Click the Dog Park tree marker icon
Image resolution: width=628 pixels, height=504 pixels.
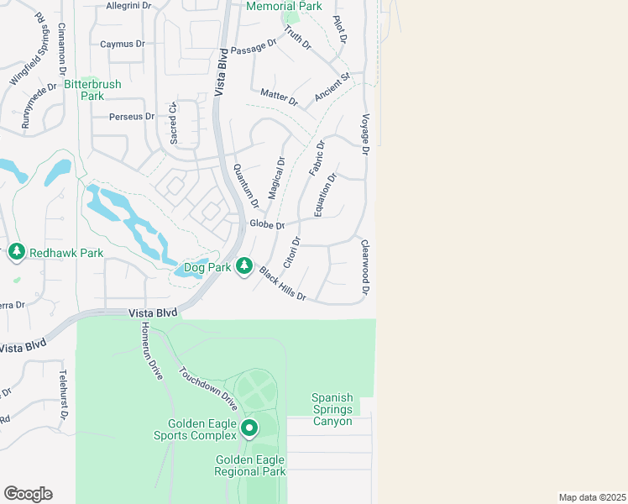click(x=244, y=266)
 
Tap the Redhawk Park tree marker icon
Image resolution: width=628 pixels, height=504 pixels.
click(x=16, y=251)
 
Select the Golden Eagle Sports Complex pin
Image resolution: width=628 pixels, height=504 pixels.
click(x=249, y=428)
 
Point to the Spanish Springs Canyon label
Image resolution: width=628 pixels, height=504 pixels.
click(x=332, y=409)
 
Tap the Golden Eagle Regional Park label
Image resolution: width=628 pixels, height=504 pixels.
click(x=250, y=465)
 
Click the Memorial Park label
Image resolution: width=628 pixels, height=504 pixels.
click(x=284, y=6)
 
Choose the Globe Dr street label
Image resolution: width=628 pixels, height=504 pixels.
click(x=268, y=224)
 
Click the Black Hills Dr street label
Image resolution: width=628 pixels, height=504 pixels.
click(x=283, y=284)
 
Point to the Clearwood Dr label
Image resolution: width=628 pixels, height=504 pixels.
click(x=365, y=267)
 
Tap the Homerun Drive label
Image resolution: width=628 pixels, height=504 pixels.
click(x=151, y=351)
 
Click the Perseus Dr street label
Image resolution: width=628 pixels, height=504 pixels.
click(x=133, y=117)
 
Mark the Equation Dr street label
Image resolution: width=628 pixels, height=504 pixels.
click(x=325, y=195)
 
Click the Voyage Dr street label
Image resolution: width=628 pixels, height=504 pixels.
click(x=365, y=134)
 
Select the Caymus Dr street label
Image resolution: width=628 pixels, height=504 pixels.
click(x=123, y=44)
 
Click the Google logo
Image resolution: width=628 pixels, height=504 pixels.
click(x=28, y=494)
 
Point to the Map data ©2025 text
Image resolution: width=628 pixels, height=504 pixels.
click(x=592, y=497)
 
